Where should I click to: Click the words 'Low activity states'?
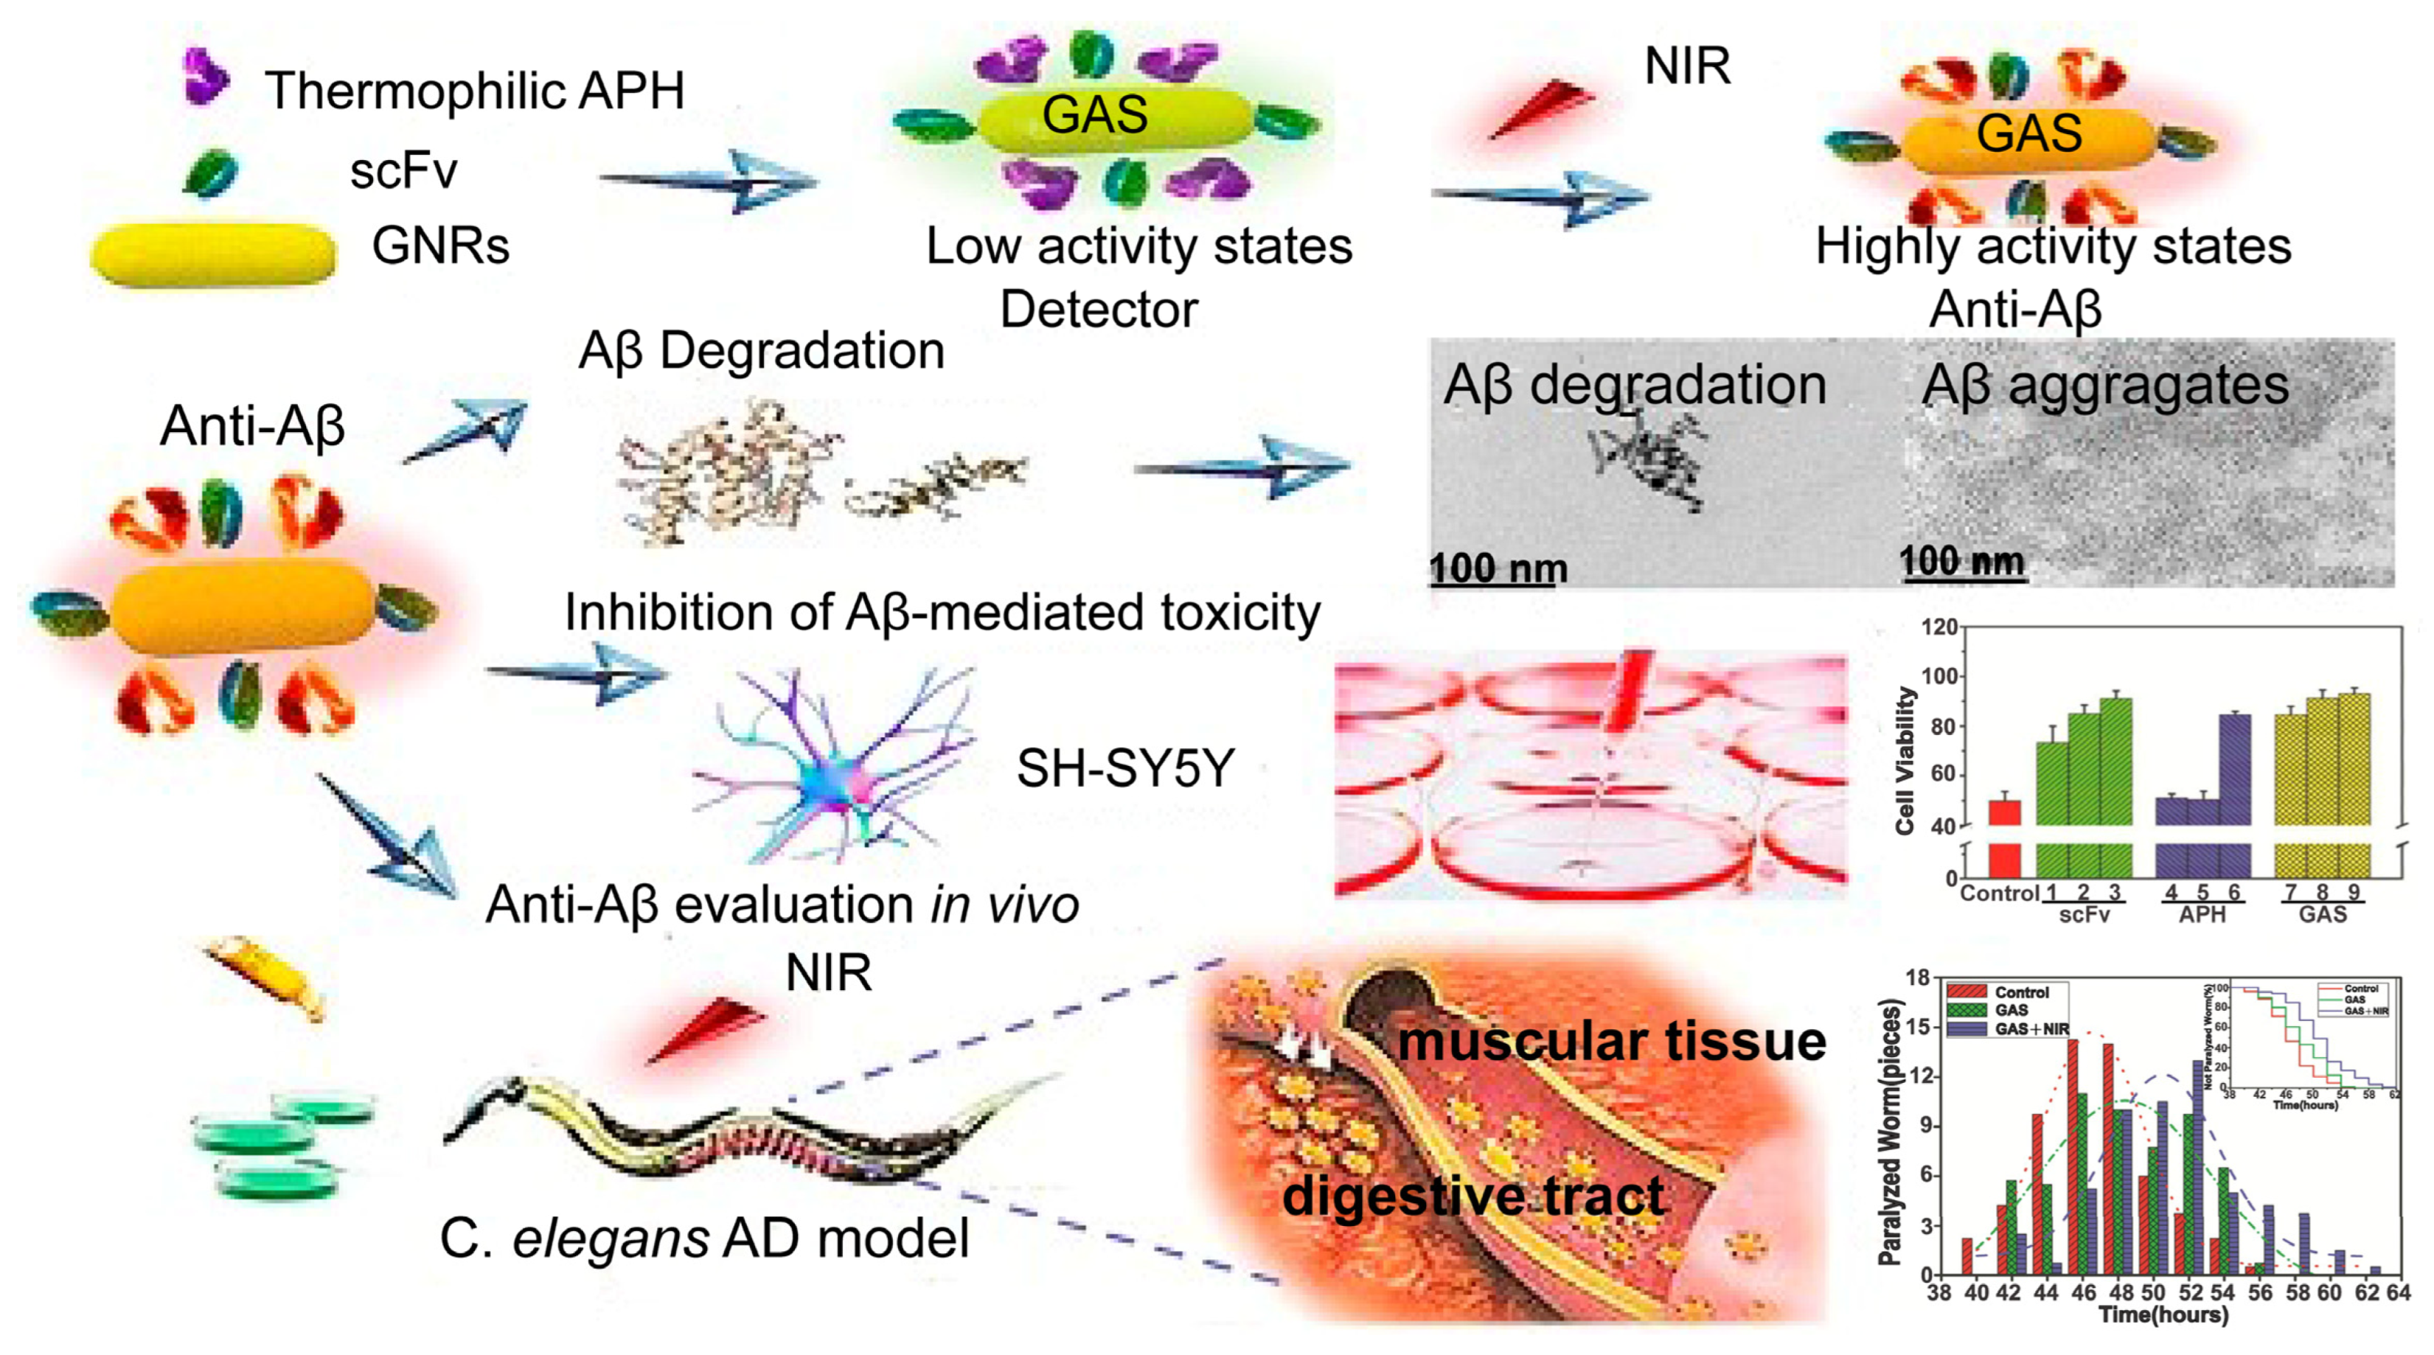pos(1138,247)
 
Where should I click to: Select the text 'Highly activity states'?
pos(2052,247)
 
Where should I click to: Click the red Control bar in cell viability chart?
pos(2004,812)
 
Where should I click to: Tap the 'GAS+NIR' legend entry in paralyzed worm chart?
pos(2031,1029)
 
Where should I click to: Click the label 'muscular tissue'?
pos(1611,1040)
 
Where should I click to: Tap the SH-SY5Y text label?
pos(1124,767)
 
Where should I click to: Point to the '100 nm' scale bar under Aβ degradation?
pos(1498,570)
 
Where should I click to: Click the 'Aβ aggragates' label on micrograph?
pos(2105,386)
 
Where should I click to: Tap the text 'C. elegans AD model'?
pos(704,1238)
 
